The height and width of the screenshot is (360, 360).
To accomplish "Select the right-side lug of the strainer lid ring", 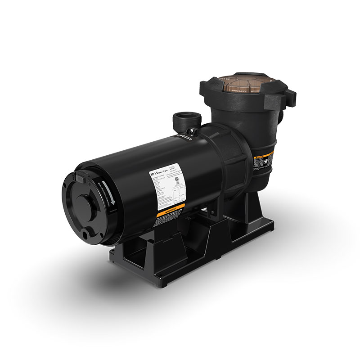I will pos(290,96).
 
